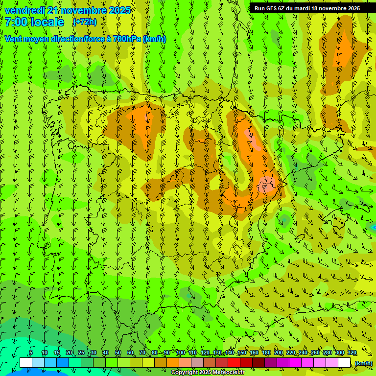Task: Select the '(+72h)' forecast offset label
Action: tap(85, 22)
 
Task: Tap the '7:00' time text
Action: tap(15, 22)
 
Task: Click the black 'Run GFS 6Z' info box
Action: tap(307, 8)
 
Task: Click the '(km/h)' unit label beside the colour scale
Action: tap(363, 363)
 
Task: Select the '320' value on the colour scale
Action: tap(352, 353)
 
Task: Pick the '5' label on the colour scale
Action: tap(31, 353)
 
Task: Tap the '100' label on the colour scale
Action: tap(180, 353)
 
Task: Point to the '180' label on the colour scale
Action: tap(266, 353)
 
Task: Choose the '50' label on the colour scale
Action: tap(118, 353)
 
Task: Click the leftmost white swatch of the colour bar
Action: tap(25, 363)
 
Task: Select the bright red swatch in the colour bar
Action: tap(234, 363)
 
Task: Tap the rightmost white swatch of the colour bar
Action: tap(344, 363)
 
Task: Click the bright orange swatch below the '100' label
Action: tap(173, 363)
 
